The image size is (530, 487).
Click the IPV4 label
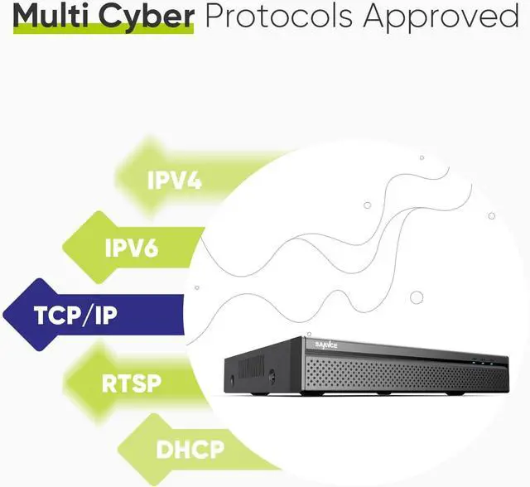click(174, 180)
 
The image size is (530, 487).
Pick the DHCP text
click(190, 450)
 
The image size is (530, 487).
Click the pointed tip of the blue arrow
click(5, 315)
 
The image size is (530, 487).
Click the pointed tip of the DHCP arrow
click(116, 450)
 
